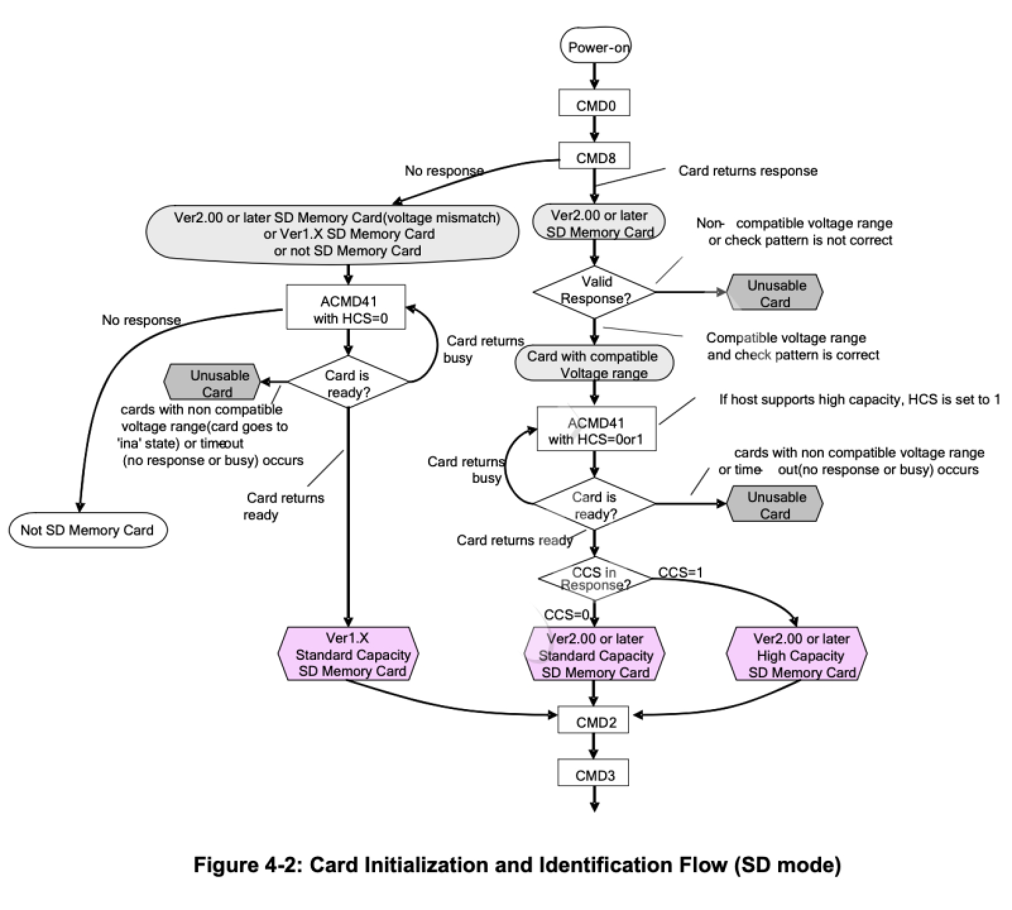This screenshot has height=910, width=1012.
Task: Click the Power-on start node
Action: [594, 47]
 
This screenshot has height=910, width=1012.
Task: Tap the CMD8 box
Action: [594, 157]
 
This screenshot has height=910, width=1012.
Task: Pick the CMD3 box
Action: [593, 774]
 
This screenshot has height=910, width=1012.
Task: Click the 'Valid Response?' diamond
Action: [594, 291]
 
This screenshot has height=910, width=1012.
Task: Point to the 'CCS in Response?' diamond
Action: [594, 578]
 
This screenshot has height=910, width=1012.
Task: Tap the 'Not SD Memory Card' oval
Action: [88, 530]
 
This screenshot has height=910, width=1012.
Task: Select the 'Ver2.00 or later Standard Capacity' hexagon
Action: [594, 655]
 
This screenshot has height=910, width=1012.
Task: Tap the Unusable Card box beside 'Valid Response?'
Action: [775, 293]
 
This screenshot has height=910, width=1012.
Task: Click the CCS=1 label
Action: [680, 573]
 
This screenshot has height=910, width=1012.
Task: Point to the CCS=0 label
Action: [566, 615]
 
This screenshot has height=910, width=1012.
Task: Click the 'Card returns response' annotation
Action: [747, 171]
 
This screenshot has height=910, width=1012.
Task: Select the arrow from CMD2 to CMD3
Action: [593, 746]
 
